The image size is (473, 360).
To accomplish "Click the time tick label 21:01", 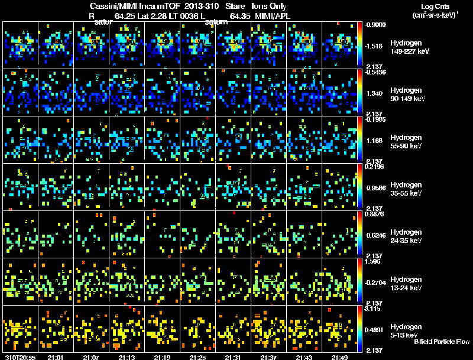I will pos(56,357).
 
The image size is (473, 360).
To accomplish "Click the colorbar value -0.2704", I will pos(375,282).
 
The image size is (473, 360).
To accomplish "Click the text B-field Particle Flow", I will pos(442,342).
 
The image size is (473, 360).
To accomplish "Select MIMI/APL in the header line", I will pos(273,16).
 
